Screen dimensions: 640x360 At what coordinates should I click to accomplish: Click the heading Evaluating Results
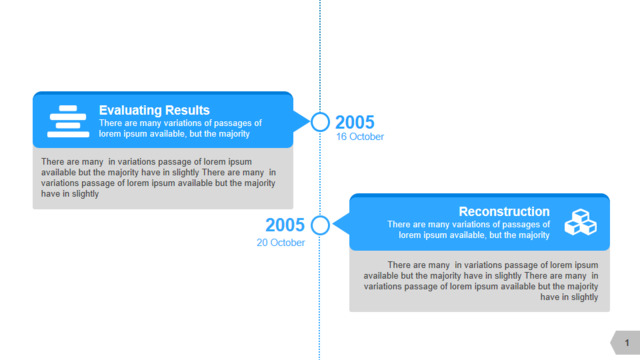tap(154, 110)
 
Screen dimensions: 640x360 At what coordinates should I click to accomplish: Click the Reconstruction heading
tap(504, 211)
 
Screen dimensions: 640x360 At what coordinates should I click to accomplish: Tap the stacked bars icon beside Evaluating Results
tap(68, 121)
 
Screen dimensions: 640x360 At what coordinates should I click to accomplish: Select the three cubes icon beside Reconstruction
tap(580, 222)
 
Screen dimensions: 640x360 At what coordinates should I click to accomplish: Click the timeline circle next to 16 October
tap(320, 113)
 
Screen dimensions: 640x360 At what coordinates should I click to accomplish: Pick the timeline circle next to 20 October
tap(320, 216)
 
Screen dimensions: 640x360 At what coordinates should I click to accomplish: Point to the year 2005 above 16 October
tap(355, 122)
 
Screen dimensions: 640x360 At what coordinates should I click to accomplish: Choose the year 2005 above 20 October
tap(285, 225)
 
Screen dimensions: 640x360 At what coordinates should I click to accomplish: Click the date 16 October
tap(360, 137)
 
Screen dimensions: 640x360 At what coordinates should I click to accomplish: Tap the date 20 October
tap(280, 242)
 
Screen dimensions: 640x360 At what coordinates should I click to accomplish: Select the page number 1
tap(627, 343)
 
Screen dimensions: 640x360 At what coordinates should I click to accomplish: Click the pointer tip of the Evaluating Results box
tap(310, 121)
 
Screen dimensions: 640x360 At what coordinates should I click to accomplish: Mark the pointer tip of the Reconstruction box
tap(333, 224)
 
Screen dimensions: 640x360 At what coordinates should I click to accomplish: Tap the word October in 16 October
tap(365, 137)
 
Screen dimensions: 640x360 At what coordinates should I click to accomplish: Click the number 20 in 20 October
tap(262, 242)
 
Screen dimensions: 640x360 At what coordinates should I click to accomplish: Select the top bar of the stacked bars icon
tap(68, 108)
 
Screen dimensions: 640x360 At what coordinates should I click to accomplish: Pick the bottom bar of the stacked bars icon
tap(68, 134)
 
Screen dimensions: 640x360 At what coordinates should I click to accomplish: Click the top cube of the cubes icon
tap(580, 215)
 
